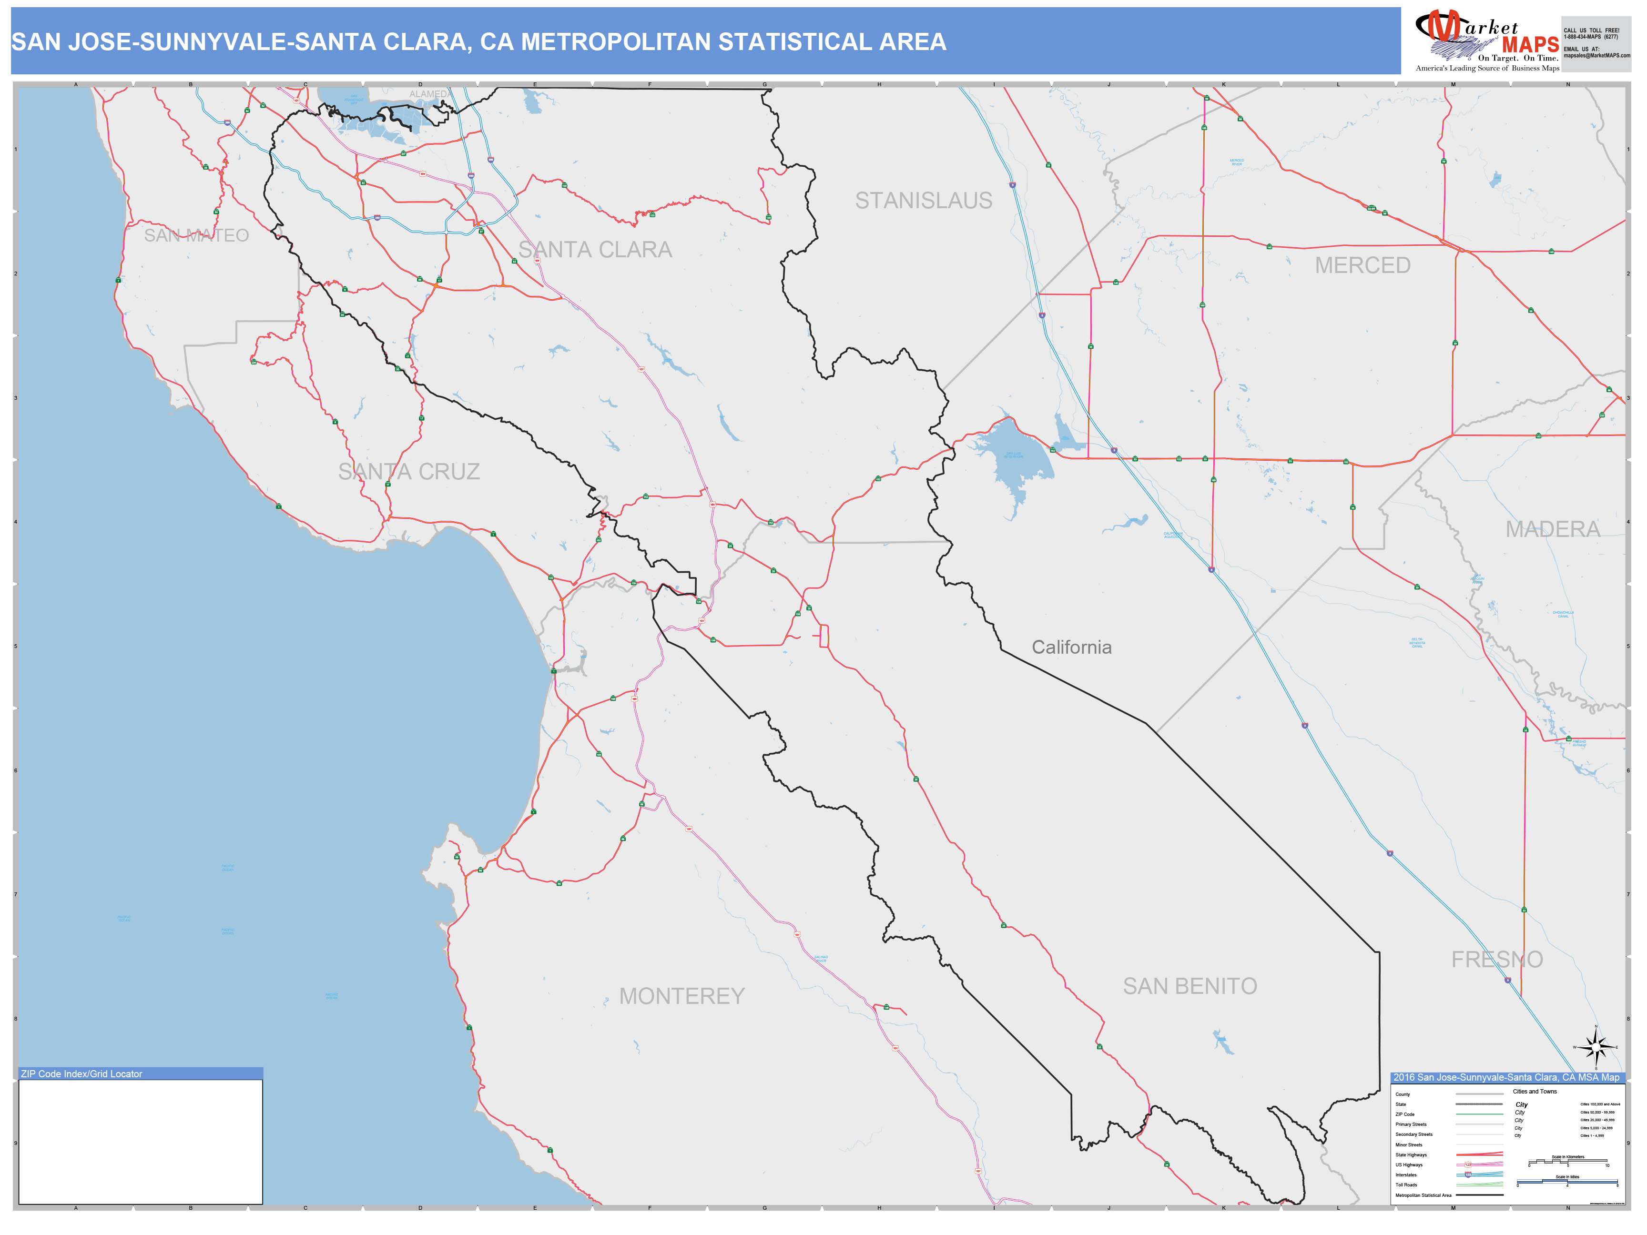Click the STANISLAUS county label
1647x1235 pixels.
923,201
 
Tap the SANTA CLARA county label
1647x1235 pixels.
595,250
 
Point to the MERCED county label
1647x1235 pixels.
1362,266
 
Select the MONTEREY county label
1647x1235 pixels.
681,996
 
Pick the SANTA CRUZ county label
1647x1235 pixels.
409,472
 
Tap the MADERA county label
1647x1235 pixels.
1553,529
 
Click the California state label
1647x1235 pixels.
1071,648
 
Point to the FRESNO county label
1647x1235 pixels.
1496,960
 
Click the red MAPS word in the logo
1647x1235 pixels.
1530,45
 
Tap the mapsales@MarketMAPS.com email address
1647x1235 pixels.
1596,56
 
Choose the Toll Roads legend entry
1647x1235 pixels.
1406,1185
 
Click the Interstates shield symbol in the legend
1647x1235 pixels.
1467,1174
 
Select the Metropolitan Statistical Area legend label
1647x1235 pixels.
1423,1195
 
